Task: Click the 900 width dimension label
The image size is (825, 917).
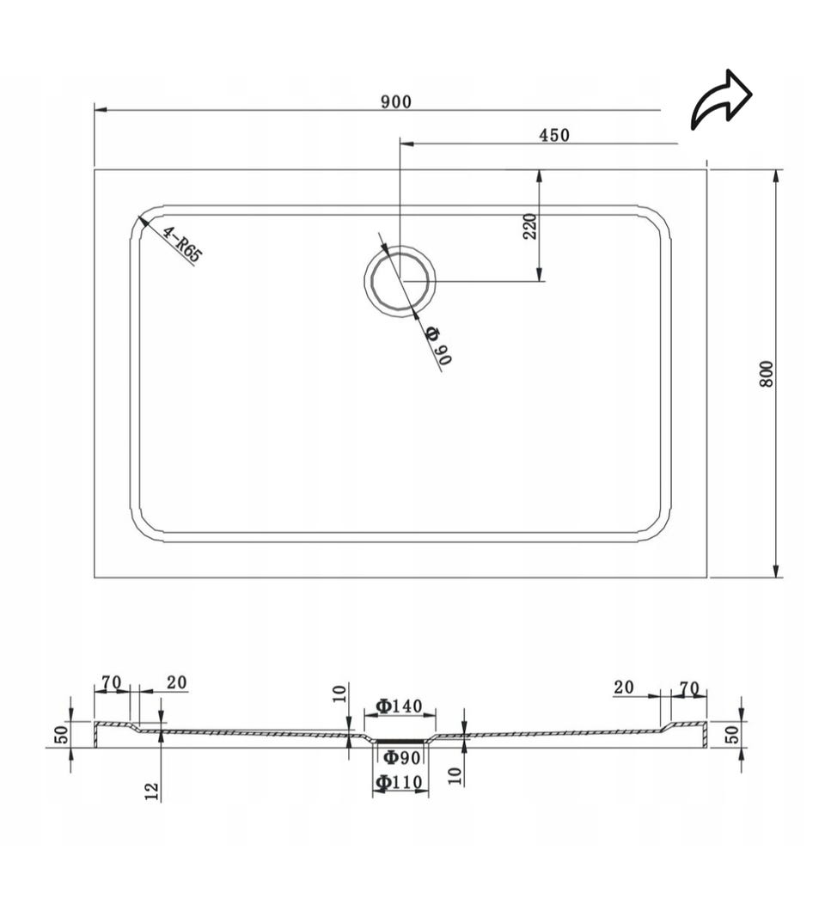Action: [396, 101]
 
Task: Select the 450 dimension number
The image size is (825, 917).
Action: [553, 135]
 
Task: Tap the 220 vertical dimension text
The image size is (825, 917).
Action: [529, 226]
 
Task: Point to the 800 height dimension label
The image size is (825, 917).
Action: [767, 374]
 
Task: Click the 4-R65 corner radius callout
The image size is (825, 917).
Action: [182, 244]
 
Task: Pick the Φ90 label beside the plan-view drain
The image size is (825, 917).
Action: [438, 346]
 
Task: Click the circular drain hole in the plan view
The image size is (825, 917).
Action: [400, 281]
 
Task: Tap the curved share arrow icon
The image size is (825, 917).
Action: [721, 100]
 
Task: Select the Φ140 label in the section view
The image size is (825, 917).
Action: [400, 706]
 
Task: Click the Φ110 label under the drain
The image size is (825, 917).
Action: [400, 782]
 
